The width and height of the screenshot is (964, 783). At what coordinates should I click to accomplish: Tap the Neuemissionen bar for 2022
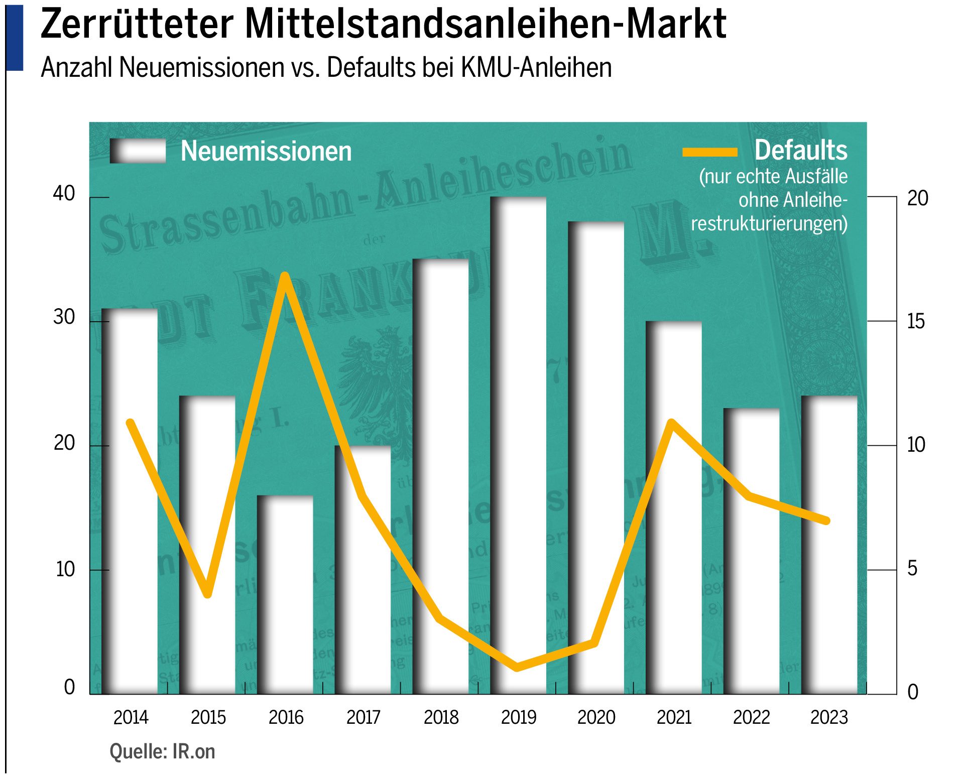(753, 577)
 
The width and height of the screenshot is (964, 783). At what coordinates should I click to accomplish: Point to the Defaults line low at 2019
(518, 667)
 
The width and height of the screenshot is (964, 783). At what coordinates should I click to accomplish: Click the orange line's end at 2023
(826, 520)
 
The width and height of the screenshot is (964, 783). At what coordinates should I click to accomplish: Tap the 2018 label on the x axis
(441, 717)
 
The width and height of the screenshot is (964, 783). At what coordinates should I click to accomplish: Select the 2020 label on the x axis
(596, 717)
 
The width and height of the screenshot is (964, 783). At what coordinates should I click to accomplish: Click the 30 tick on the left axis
(64, 317)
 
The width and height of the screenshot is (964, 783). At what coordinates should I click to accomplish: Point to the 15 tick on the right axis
(916, 321)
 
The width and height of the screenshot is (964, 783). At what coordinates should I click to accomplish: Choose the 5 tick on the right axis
(912, 569)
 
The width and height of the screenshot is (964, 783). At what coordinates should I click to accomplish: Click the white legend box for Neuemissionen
(139, 151)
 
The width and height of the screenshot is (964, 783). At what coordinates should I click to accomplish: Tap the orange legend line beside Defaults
(709, 152)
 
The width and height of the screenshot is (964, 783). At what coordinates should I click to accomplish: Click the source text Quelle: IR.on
(162, 751)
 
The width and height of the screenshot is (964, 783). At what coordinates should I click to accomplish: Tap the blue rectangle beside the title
(15, 37)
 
